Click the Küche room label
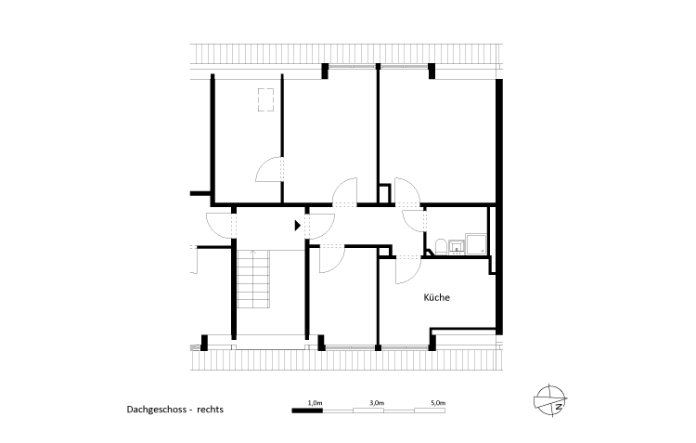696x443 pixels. point(436,298)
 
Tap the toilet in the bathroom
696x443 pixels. point(435,246)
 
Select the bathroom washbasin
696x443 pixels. point(456,246)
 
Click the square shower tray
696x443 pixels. point(477,243)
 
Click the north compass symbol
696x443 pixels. point(548,399)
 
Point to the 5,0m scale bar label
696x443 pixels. point(438,402)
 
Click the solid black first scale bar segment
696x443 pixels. point(307,410)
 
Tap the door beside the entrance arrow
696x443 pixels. point(322,225)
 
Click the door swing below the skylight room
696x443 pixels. point(269,172)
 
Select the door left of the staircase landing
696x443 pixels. point(219,225)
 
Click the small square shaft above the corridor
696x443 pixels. point(383,193)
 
